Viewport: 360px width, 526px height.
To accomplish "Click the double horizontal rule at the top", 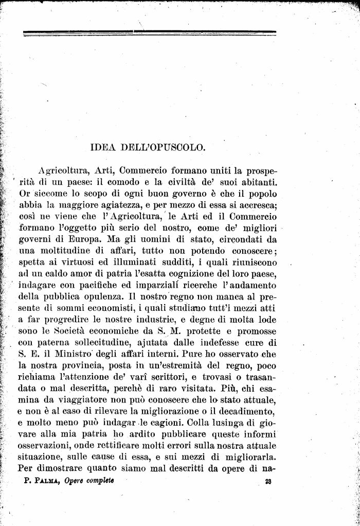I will (x=149, y=33).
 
